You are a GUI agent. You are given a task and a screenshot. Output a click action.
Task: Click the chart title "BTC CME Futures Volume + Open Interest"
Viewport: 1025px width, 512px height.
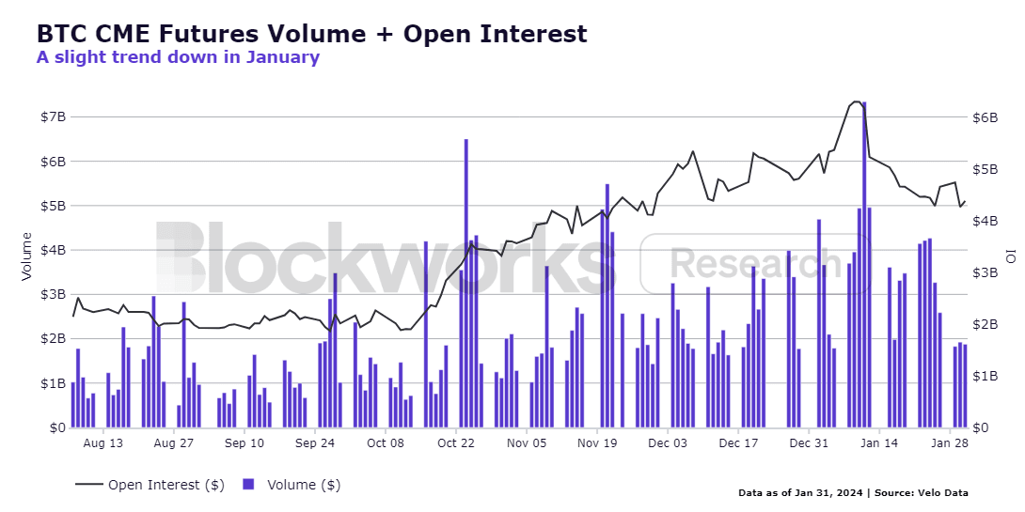tap(312, 33)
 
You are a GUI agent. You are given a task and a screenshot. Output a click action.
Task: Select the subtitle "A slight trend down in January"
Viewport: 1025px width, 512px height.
tap(178, 56)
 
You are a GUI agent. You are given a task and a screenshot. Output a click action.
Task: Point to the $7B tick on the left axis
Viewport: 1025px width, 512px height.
tap(54, 116)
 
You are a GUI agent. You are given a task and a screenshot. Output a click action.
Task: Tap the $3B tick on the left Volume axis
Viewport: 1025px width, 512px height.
tap(54, 295)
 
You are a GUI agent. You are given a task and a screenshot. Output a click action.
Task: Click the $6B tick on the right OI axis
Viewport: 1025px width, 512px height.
tap(985, 117)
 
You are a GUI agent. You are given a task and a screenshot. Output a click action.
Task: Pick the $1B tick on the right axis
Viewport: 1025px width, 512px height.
tap(985, 376)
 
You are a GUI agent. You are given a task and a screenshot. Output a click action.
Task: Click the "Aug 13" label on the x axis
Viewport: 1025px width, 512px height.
tap(103, 443)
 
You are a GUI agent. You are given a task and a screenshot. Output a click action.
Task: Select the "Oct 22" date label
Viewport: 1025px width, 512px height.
tap(456, 443)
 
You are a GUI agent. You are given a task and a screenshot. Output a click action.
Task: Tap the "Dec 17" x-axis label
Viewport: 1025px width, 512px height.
tap(738, 443)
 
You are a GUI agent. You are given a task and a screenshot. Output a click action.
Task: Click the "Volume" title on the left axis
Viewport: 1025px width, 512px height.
tap(27, 256)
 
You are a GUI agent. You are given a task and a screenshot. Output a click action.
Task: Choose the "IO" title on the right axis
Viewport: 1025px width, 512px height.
tap(1011, 256)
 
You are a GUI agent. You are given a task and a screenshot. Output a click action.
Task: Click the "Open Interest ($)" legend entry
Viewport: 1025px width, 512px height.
tap(166, 485)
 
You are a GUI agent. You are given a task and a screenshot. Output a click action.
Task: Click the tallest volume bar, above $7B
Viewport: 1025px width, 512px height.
tap(864, 265)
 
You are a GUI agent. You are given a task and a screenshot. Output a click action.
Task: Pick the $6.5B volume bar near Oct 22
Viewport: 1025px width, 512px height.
tap(466, 284)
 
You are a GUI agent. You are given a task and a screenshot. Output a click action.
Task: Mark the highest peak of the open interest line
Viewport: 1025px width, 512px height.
tap(857, 101)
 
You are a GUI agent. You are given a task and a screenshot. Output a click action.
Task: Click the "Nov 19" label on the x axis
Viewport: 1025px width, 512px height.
tap(597, 443)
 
